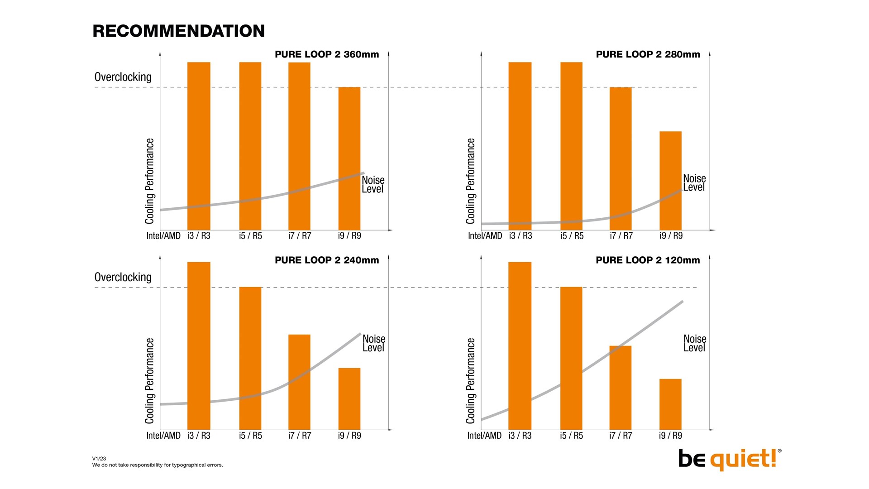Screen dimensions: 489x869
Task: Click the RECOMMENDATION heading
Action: (178, 31)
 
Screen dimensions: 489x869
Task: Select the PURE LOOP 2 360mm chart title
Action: (326, 54)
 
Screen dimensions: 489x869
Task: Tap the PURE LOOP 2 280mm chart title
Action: (648, 54)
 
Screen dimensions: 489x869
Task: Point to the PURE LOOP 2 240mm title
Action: (326, 260)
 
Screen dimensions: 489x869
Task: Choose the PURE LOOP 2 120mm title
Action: (647, 260)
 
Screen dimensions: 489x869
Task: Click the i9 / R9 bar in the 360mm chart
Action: (349, 158)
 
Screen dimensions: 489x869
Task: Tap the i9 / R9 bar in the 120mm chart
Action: (670, 404)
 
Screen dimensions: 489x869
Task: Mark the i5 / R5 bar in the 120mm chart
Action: (571, 358)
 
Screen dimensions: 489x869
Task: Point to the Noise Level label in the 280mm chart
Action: (694, 183)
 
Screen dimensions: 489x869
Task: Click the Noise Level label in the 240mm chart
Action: (373, 343)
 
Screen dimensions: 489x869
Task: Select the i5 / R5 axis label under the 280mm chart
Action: (572, 236)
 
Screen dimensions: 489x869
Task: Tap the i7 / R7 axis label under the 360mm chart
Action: (300, 236)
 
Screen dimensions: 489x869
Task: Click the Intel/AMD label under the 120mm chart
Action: (484, 436)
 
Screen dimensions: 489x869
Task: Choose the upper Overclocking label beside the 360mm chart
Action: (123, 77)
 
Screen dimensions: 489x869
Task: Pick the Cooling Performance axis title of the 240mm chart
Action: (149, 380)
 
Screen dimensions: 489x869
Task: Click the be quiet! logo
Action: (729, 459)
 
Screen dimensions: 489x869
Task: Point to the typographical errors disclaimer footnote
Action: (158, 465)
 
